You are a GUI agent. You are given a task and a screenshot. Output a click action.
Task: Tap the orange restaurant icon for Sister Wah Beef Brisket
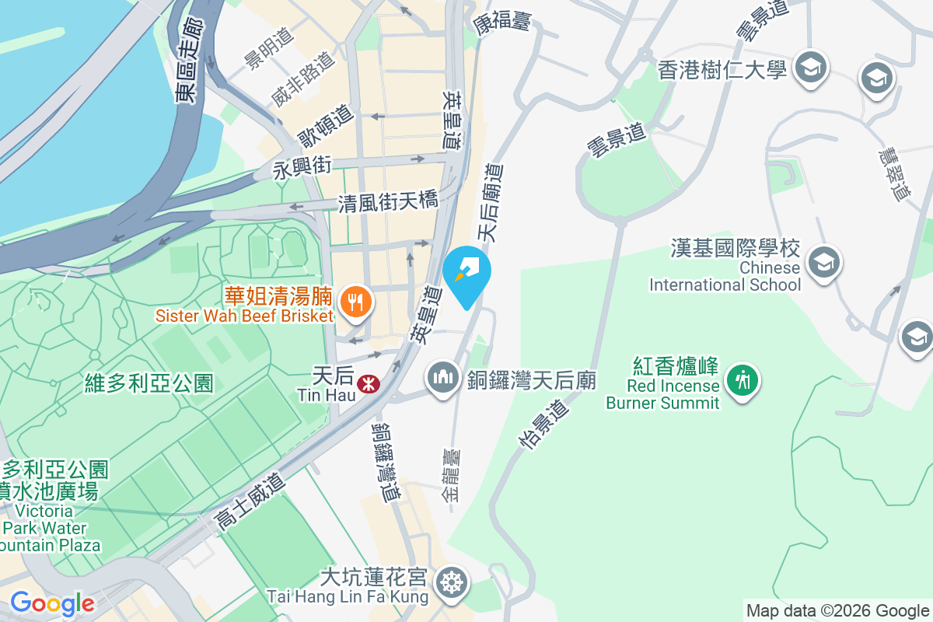[x=356, y=301]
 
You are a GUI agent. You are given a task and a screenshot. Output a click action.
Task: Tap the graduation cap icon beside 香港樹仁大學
[x=810, y=68]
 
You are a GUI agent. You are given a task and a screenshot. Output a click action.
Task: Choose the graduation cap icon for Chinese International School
[x=823, y=262]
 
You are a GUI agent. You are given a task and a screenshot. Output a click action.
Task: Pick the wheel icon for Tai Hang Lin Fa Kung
[x=450, y=582]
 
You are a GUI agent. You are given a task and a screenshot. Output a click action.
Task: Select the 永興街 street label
[x=302, y=167]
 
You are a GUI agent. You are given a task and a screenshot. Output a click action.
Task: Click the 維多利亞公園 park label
[x=149, y=383]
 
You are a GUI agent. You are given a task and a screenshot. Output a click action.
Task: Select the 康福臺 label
[x=502, y=23]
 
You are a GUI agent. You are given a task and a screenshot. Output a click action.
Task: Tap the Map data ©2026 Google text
[x=837, y=610]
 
